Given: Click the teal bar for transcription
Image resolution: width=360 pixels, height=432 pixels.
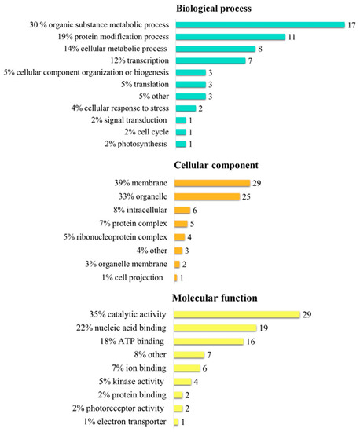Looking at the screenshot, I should coord(204,60).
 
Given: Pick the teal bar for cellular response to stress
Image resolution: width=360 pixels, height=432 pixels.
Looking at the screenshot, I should coord(186,108).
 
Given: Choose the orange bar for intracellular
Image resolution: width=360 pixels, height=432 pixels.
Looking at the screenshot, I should coord(182,211).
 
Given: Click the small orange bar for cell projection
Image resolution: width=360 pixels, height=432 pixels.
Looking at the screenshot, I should coord(175,278).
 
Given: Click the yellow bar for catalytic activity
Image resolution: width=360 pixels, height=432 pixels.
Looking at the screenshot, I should coord(237,314).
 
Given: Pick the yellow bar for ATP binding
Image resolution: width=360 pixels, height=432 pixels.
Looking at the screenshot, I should coord(209,342).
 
